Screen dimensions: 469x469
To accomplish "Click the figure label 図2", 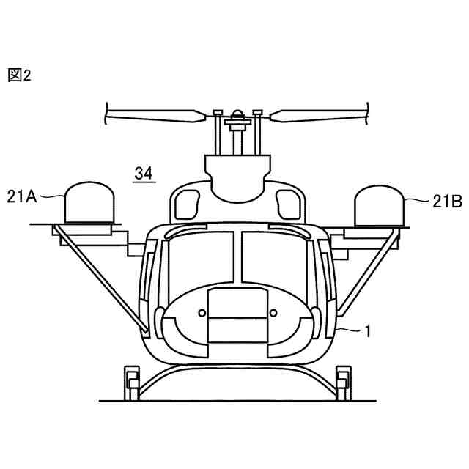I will click(20, 75).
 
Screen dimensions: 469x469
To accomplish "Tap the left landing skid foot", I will click(132, 381).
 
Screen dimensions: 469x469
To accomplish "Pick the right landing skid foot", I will click(341, 381).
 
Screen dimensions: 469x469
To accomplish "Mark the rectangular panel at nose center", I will click(237, 315).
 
